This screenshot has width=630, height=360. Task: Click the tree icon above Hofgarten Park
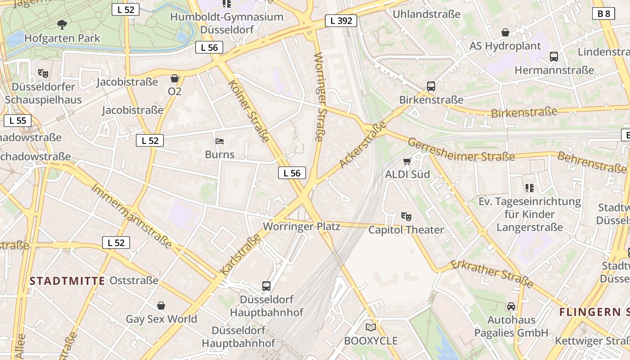pyautogui.click(x=62, y=24)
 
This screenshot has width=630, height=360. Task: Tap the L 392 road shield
pyautogui.click(x=341, y=20)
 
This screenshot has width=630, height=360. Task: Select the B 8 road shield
pyautogui.click(x=603, y=13)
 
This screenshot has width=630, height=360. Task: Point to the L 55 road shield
pyautogui.click(x=18, y=121)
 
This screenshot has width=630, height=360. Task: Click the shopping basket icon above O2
pyautogui.click(x=175, y=79)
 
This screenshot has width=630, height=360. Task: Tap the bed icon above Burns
pyautogui.click(x=220, y=142)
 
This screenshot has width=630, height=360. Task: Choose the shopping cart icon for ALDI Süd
pyautogui.click(x=407, y=161)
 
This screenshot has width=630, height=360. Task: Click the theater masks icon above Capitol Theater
pyautogui.click(x=406, y=216)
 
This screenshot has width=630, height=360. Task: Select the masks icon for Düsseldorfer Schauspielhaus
pyautogui.click(x=43, y=72)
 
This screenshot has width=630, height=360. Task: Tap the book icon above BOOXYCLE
pyautogui.click(x=370, y=327)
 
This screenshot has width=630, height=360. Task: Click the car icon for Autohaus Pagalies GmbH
pyautogui.click(x=511, y=306)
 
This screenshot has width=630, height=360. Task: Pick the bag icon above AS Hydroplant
pyautogui.click(x=505, y=32)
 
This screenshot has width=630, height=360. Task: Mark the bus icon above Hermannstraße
pyautogui.click(x=554, y=57)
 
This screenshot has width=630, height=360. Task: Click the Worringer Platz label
pyautogui.click(x=301, y=226)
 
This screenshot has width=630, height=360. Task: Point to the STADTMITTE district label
pyautogui.click(x=67, y=281)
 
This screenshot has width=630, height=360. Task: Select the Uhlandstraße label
pyautogui.click(x=427, y=14)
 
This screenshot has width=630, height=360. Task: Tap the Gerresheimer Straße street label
pyautogui.click(x=461, y=150)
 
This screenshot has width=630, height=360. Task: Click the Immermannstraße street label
pyautogui.click(x=131, y=216)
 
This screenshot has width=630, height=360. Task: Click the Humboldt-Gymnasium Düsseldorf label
pyautogui.click(x=227, y=23)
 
